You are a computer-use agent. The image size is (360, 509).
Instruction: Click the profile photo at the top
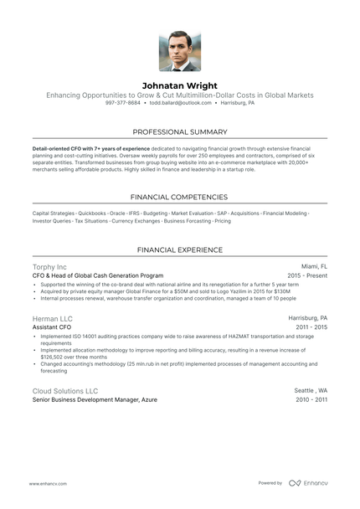(x=180, y=51)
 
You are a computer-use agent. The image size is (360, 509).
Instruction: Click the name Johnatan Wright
(x=180, y=85)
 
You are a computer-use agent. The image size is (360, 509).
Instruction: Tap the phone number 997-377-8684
(x=123, y=103)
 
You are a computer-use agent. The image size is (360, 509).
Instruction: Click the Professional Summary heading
(x=180, y=132)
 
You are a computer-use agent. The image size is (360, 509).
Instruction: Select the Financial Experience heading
(x=180, y=249)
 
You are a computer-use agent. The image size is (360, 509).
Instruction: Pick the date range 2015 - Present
(x=307, y=275)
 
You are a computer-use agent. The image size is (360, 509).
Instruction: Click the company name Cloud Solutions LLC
(x=65, y=391)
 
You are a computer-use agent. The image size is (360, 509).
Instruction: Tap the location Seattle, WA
(x=311, y=391)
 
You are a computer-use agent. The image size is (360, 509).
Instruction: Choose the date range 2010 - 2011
(x=311, y=400)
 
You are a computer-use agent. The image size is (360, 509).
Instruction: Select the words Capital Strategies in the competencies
(x=53, y=213)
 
